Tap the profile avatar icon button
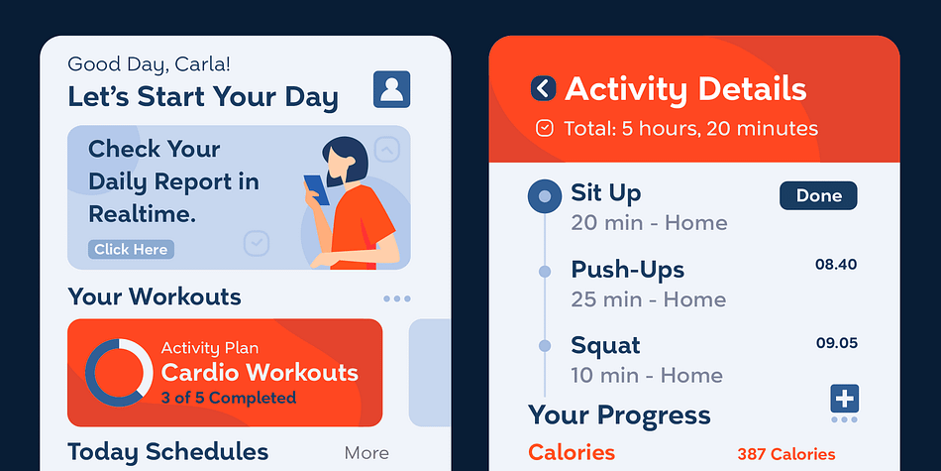pos(391,89)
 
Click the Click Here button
pos(131,249)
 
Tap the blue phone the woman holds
pos(316,189)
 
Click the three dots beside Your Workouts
pos(396,298)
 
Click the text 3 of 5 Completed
pos(228,398)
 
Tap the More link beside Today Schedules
pos(366,453)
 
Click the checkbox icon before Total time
pos(545,128)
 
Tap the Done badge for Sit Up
pos(818,196)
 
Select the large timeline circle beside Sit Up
pos(545,196)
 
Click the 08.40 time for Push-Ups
pos(836,265)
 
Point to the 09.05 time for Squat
pos(837,344)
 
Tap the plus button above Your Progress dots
pos(844,399)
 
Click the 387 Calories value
pos(786,454)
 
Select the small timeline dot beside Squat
pos(545,345)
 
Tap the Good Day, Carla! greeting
pos(149,64)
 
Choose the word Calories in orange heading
pos(572,452)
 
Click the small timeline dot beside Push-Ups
pos(545,272)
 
